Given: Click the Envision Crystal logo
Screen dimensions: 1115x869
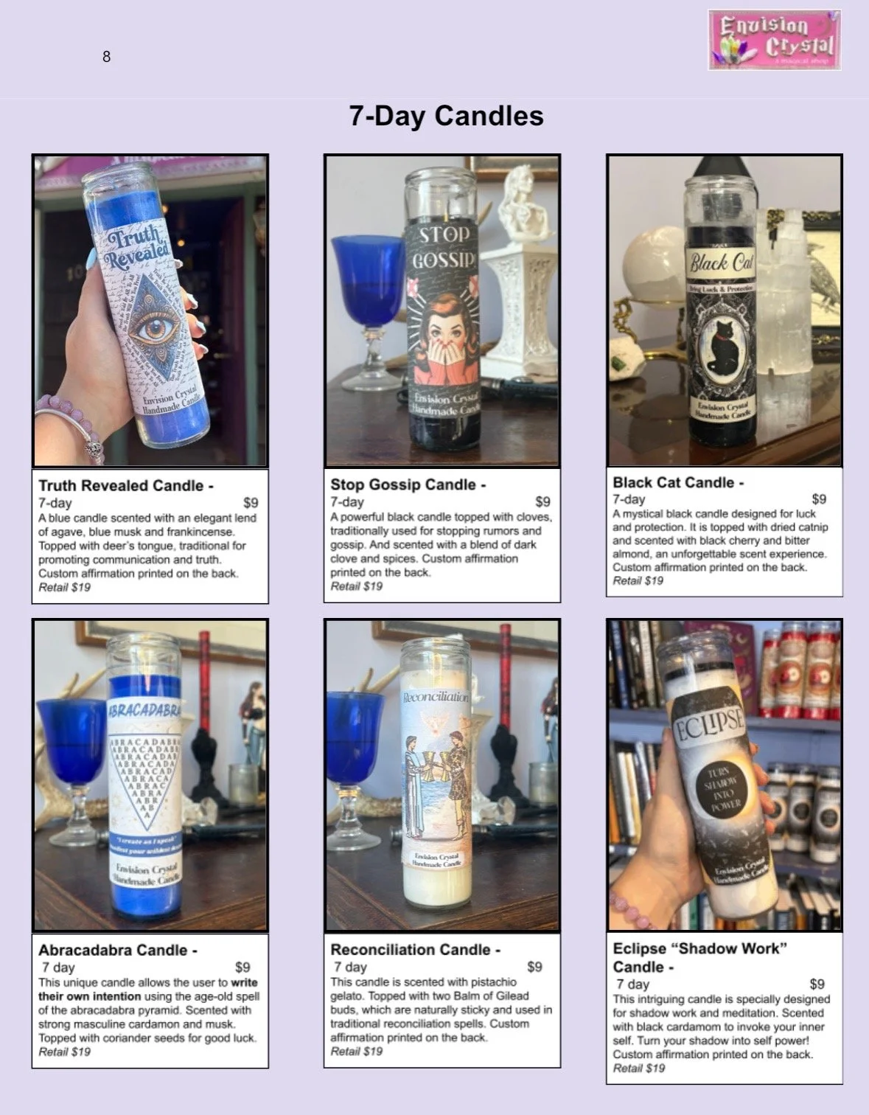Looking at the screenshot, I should tap(774, 40).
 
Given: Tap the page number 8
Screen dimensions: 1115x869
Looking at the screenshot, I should tap(106, 57).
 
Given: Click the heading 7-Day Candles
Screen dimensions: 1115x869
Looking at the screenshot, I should tap(446, 116).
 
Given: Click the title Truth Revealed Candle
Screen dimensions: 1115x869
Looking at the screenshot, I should tap(125, 485).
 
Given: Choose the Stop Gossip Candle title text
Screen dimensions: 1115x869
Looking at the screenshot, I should tap(408, 484).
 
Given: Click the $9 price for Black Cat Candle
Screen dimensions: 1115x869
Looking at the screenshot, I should tap(819, 499).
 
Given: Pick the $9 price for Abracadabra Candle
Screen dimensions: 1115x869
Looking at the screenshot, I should tap(242, 967).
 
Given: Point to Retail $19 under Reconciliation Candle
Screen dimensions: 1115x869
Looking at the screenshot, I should tap(357, 1051).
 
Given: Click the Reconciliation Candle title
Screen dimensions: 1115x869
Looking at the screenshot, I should tap(415, 950).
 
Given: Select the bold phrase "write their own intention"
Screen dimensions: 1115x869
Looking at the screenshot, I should tap(148, 990).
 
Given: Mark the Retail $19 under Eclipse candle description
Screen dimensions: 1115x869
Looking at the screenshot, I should tap(639, 1068).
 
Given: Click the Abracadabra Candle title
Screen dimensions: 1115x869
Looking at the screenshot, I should tap(117, 950).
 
